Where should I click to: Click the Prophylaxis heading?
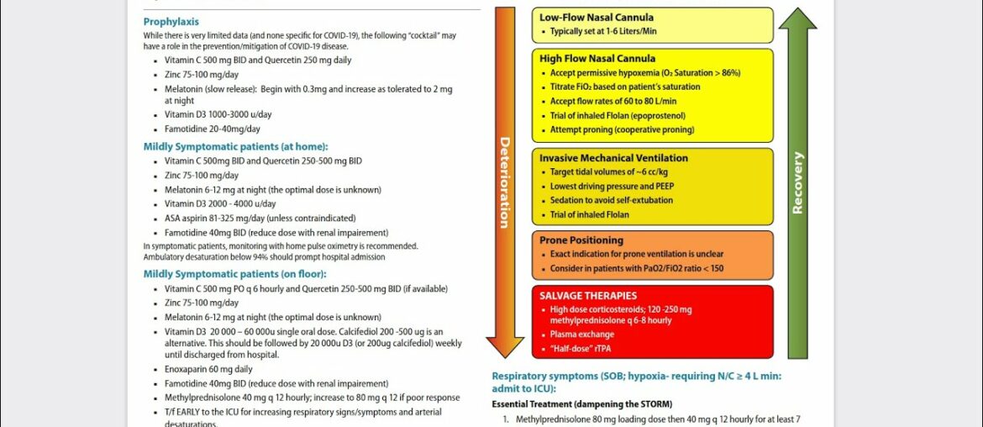coord(171,22)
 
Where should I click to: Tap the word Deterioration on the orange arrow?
coord(504,182)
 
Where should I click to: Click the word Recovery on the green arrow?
coord(797,182)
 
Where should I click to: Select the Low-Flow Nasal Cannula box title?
coord(597,18)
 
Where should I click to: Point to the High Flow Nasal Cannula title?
coord(597,59)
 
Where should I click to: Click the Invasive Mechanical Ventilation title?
coord(613,158)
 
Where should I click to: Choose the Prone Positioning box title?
coord(581,240)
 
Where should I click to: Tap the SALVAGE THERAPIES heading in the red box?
coord(588,296)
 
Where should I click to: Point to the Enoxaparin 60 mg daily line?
coord(208,370)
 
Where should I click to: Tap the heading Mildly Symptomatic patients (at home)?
coord(235,146)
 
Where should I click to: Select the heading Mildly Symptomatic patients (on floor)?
coord(234,274)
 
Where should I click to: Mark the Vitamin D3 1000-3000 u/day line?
coord(218,114)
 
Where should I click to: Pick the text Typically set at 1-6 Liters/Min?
coord(603,32)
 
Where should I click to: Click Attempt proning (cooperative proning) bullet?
coord(622,130)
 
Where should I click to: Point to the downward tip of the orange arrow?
coord(504,354)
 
